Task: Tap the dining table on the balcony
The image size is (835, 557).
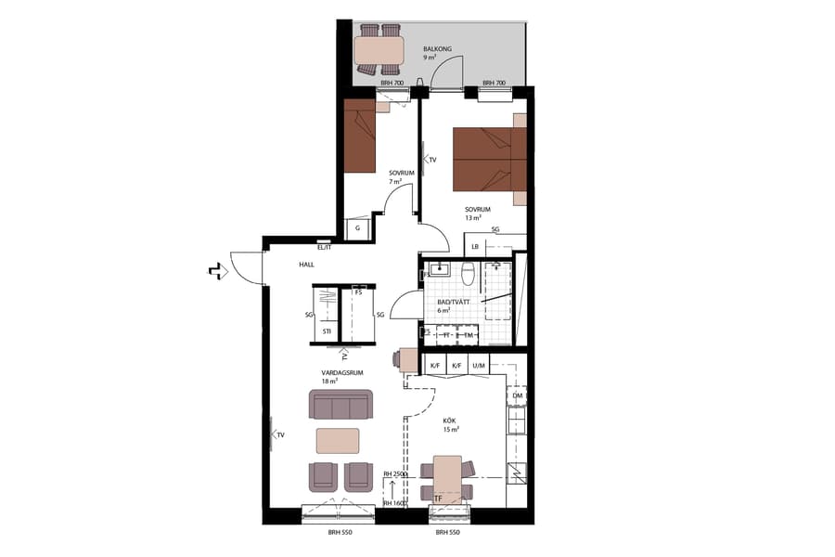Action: pyautogui.click(x=379, y=47)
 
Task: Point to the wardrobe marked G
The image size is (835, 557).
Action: pyautogui.click(x=357, y=227)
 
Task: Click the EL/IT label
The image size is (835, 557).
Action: pyautogui.click(x=325, y=248)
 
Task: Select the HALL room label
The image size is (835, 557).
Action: pyautogui.click(x=306, y=265)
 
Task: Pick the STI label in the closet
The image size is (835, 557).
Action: pyautogui.click(x=327, y=330)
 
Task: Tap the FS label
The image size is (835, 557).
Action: pyautogui.click(x=358, y=292)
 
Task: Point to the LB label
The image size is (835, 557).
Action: pyautogui.click(x=474, y=246)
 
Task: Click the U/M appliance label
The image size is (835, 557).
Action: pyautogui.click(x=480, y=366)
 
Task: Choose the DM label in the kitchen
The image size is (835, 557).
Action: pyautogui.click(x=517, y=396)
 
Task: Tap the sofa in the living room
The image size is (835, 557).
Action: pyautogui.click(x=340, y=405)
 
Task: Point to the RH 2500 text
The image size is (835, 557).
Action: pyautogui.click(x=395, y=474)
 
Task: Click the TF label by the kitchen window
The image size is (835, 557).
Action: pyautogui.click(x=439, y=499)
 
